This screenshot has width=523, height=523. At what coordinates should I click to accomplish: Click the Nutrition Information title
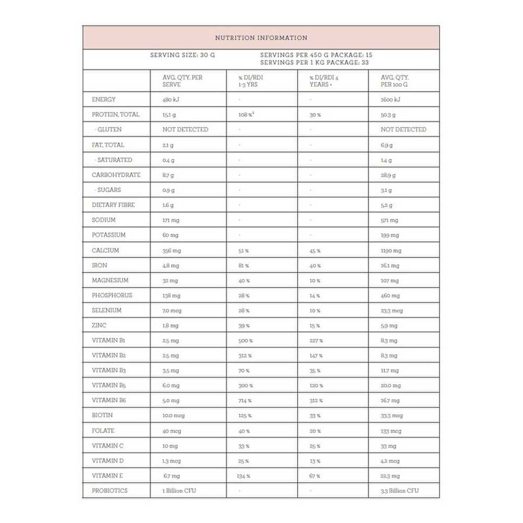(x=261, y=38)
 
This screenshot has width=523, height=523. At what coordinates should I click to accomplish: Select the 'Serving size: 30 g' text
(x=182, y=54)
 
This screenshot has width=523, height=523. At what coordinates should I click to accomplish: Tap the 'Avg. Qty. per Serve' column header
(x=183, y=81)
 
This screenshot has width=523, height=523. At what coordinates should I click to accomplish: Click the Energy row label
(x=104, y=99)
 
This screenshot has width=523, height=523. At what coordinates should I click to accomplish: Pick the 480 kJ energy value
(x=171, y=99)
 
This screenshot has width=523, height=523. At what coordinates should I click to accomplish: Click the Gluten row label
(x=108, y=129)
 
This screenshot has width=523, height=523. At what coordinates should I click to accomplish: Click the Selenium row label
(x=107, y=310)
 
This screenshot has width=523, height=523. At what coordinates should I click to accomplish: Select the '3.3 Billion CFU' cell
(x=400, y=491)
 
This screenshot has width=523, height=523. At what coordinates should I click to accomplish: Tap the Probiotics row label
(x=109, y=491)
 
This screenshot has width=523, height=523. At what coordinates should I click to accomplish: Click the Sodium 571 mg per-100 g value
(x=389, y=221)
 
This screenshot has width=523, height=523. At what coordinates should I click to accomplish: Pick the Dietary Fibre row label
(x=113, y=205)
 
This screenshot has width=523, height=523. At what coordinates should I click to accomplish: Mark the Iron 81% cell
(x=244, y=266)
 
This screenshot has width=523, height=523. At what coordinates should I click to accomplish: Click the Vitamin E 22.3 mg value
(x=390, y=476)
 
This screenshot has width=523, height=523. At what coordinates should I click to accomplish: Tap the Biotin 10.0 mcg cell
(x=174, y=416)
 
